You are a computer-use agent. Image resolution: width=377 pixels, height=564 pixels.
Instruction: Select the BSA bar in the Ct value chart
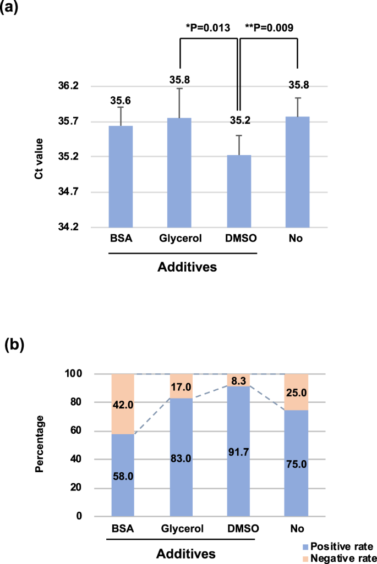(121, 176)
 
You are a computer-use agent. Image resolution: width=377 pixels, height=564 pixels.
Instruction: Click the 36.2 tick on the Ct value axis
(83, 87)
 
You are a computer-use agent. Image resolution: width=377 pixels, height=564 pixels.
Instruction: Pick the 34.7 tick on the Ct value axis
(83, 192)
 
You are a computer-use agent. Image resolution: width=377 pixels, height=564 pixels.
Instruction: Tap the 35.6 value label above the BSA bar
(121, 101)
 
